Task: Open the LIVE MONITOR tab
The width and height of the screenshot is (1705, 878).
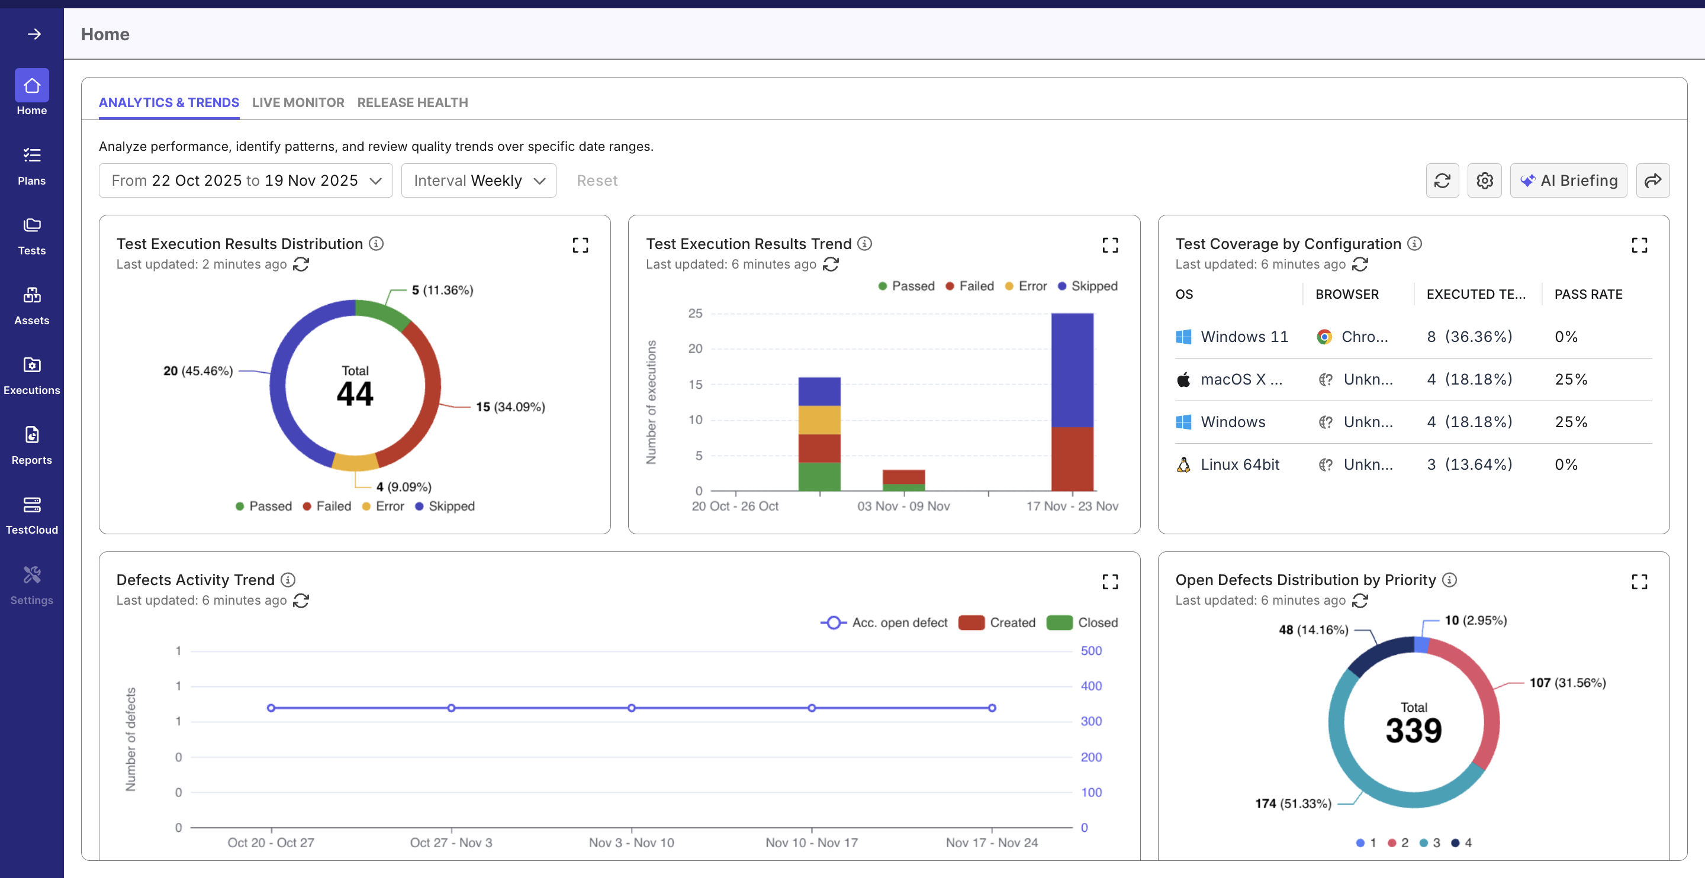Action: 298,102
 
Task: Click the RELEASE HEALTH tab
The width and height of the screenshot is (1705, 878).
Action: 413,102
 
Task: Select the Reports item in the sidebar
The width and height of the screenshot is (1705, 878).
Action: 32,445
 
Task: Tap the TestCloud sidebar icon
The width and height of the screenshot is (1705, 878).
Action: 32,515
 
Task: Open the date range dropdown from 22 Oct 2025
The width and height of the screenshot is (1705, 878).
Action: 246,180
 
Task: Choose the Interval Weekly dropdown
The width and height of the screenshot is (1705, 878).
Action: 478,180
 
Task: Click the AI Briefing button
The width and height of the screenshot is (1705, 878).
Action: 1568,180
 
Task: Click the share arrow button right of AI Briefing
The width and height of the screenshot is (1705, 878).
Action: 1652,180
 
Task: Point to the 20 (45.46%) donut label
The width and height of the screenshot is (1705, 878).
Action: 198,371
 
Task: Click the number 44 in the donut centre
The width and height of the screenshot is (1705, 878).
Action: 355,395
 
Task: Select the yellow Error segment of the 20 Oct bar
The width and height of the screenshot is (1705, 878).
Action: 819,419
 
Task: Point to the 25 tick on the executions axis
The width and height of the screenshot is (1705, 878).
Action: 695,313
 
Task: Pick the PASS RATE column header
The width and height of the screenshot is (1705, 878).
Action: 1588,295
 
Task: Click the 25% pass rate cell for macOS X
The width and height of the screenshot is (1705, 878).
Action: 1571,379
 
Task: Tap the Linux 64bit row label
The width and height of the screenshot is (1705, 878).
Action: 1240,464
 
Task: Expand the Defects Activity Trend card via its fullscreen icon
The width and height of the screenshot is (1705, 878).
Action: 1110,582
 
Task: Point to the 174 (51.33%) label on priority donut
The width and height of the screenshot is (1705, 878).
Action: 1292,803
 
